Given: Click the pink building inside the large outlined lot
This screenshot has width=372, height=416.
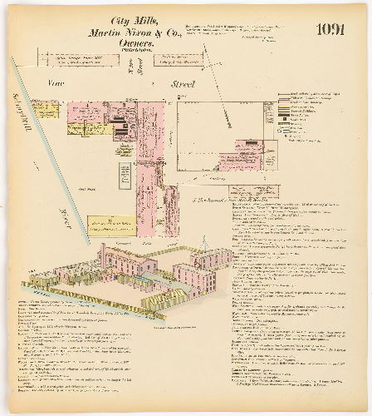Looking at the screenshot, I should pyautogui.click(x=241, y=156).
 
